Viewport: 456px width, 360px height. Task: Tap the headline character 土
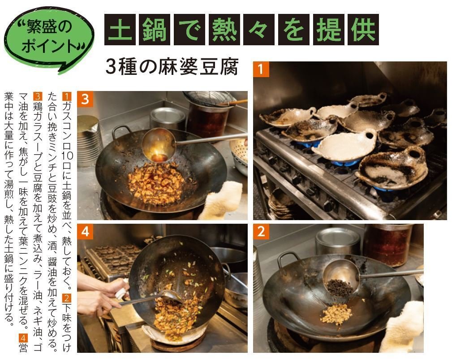pos(120,30)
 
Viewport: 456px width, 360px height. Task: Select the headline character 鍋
pos(155,30)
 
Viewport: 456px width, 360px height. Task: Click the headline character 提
pos(329,30)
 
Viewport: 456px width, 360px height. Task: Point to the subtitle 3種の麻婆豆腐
pos(172,67)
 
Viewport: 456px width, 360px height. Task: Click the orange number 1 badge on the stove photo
pos(261,69)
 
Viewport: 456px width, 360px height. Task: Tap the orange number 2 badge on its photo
pos(261,232)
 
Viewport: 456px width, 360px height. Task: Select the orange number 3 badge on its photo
pos(85,99)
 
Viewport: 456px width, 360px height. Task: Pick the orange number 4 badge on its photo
pos(85,232)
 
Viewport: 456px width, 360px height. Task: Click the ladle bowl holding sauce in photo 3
pos(159,145)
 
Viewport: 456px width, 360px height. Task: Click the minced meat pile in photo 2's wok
pos(337,314)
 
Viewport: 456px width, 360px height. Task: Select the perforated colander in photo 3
pos(239,155)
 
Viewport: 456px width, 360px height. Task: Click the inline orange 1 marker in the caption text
pos(67,96)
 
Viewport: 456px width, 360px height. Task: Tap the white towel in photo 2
pos(402,327)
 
